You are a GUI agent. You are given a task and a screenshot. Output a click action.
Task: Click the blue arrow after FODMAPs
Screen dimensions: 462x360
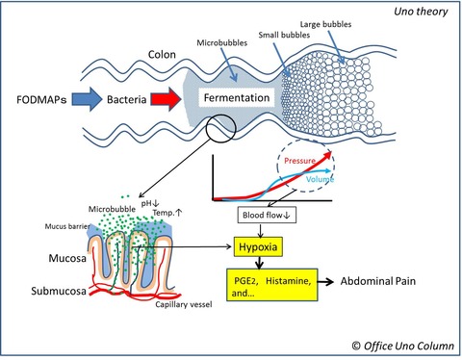[x=87, y=99]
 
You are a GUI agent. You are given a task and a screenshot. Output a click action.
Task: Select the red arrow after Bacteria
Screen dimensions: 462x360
[x=166, y=99]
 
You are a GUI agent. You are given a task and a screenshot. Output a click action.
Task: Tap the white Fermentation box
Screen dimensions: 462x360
[x=237, y=97]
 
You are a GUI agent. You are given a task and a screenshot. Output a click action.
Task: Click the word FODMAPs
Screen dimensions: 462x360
[x=41, y=100]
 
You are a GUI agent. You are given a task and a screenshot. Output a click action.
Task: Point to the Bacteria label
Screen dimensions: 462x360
[x=126, y=99]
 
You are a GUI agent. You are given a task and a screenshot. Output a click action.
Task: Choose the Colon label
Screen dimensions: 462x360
[x=162, y=55]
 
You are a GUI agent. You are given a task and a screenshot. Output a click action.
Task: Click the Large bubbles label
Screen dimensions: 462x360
[x=325, y=24]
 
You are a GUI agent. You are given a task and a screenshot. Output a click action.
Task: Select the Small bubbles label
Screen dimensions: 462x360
[x=284, y=35]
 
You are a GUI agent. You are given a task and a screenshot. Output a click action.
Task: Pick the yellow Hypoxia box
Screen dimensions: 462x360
[x=258, y=246]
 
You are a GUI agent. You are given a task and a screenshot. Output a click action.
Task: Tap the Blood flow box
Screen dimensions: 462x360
[x=267, y=215]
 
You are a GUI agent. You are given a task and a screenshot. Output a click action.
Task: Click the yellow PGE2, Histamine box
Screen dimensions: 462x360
[x=272, y=285]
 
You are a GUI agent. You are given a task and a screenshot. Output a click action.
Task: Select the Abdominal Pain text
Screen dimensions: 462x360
[x=378, y=281]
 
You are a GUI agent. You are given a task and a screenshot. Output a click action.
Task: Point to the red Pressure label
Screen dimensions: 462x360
[x=299, y=161]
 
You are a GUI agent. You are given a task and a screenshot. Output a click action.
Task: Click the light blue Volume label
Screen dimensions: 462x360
[x=320, y=179]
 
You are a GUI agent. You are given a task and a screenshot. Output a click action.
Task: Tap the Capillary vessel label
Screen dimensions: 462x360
[x=184, y=304]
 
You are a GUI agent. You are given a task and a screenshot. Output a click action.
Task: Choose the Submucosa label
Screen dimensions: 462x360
[x=59, y=291]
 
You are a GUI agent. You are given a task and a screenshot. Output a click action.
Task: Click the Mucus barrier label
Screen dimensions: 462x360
[x=67, y=226]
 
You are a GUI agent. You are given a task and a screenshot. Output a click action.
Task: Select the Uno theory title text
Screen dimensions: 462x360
[x=421, y=12]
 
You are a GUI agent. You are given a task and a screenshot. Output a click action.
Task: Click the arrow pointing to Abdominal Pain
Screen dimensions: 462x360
[x=325, y=282]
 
